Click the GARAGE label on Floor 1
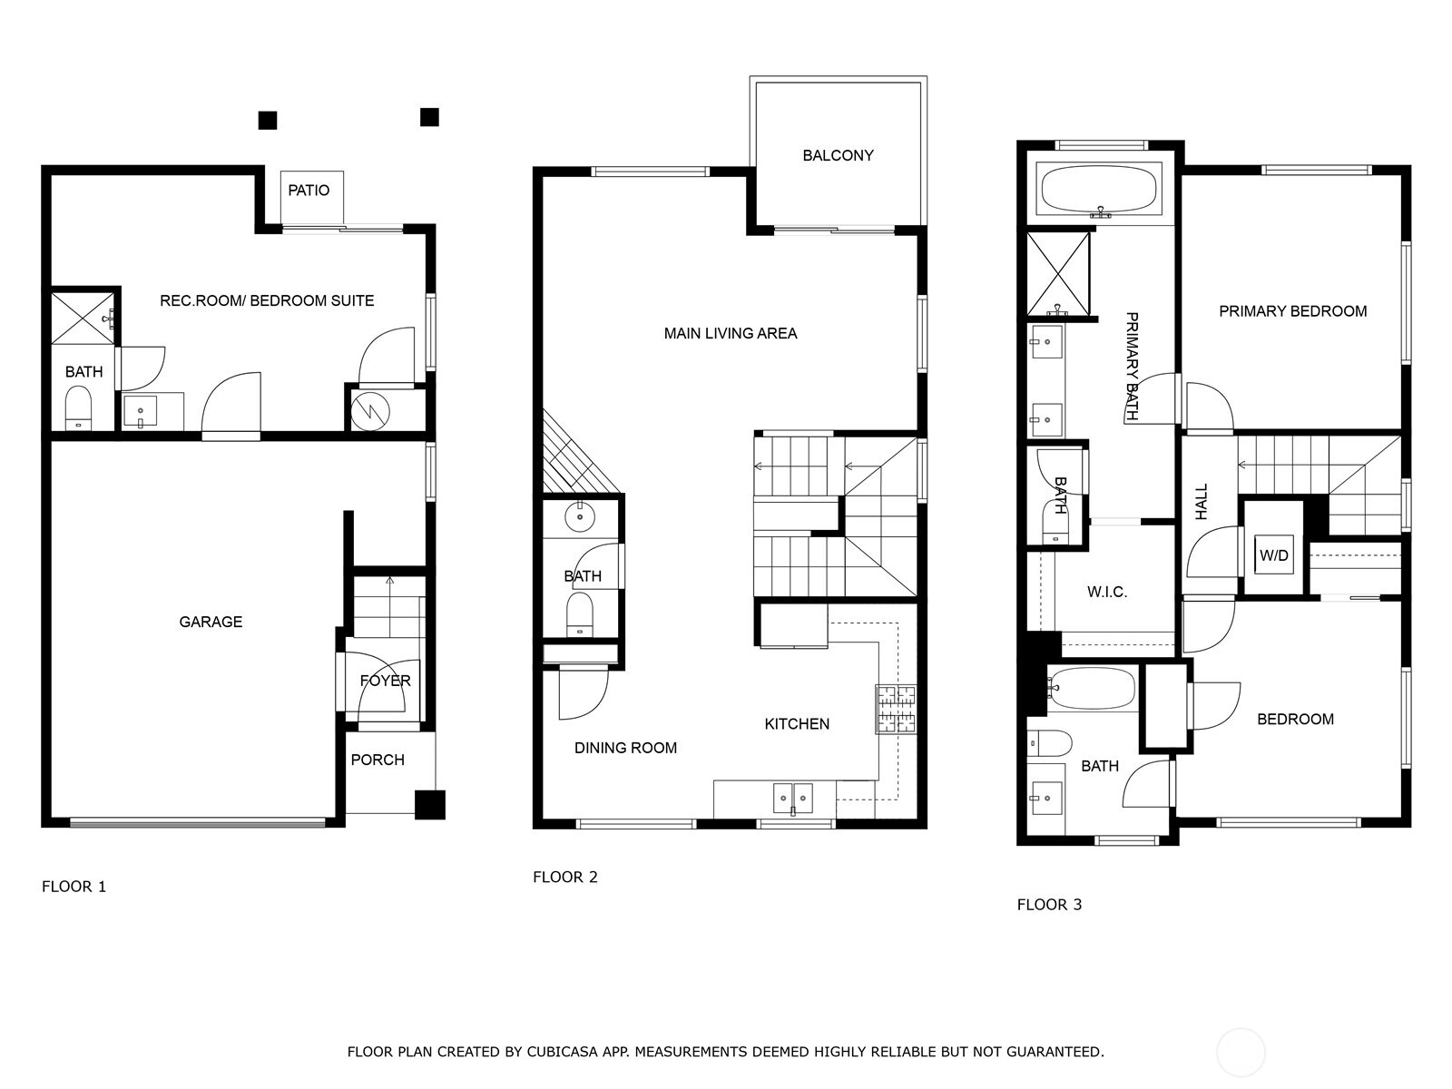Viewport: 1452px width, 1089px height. (x=211, y=622)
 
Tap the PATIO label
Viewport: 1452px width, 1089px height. (x=309, y=191)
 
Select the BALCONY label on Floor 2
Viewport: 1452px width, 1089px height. (x=838, y=155)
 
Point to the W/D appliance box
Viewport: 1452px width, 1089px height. (x=1274, y=554)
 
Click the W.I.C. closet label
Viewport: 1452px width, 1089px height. (x=1106, y=592)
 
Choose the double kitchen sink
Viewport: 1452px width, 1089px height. (x=793, y=798)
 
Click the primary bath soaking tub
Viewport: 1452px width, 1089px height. (x=1099, y=189)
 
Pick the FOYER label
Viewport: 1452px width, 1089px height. (x=385, y=681)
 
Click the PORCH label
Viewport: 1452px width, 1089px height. (x=377, y=760)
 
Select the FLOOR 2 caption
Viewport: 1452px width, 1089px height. (x=565, y=877)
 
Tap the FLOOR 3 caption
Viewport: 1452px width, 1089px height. (x=1049, y=905)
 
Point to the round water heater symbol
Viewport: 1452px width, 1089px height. (x=369, y=411)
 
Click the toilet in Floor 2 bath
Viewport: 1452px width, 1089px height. (x=580, y=614)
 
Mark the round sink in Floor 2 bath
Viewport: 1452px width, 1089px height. (x=580, y=516)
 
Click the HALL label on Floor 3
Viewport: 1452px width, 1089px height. (x=1202, y=501)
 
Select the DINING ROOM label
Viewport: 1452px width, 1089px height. (x=625, y=748)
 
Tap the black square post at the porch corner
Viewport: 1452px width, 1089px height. (x=430, y=805)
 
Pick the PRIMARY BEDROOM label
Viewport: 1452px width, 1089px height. (x=1292, y=311)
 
